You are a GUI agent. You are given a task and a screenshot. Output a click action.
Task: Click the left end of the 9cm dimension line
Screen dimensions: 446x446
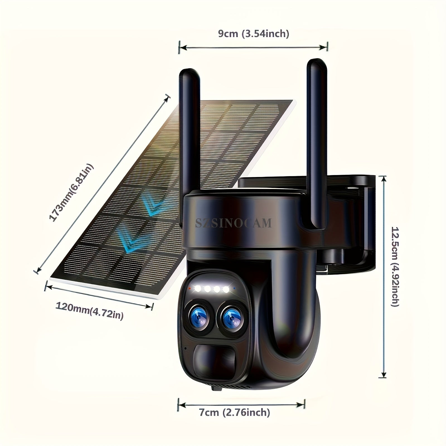point(179,48)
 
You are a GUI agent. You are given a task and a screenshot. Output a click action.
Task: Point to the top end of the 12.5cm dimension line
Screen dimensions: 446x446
point(382,177)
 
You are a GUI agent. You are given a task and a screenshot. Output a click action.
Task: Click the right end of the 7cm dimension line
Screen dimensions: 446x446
point(305,404)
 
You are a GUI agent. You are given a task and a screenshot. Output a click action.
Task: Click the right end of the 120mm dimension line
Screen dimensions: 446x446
point(152,307)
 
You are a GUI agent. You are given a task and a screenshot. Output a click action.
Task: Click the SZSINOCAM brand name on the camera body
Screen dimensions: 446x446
point(233,223)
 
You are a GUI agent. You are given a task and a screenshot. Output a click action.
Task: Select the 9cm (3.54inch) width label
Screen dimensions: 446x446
point(253,34)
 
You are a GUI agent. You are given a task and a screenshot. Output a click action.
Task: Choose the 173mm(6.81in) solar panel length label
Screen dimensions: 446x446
point(71,193)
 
